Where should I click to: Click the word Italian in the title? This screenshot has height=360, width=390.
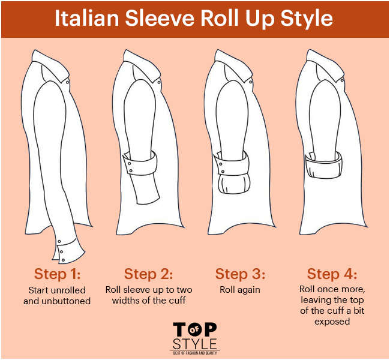(86, 18)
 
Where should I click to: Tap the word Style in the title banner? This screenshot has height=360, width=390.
(307, 19)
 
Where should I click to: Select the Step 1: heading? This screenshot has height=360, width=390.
(57, 274)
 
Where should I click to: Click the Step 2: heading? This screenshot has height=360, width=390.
(148, 274)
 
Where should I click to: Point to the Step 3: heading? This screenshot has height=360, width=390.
(240, 274)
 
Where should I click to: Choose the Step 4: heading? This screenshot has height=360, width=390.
(332, 274)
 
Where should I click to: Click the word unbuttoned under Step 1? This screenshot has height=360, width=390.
(66, 301)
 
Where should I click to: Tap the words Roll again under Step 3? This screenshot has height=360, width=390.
(240, 290)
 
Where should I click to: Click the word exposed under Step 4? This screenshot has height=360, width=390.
(332, 322)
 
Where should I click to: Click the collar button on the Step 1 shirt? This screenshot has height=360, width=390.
(68, 82)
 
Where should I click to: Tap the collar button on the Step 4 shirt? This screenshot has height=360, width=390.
(342, 80)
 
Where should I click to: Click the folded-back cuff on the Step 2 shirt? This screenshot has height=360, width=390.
(140, 163)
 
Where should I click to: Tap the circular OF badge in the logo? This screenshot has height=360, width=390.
(195, 329)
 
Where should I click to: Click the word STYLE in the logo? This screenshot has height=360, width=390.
(195, 344)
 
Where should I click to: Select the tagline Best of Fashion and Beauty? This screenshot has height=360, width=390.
(195, 353)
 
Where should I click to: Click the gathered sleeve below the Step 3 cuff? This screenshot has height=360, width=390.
(233, 184)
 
